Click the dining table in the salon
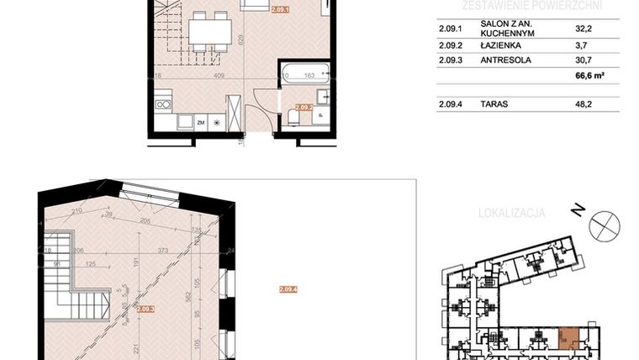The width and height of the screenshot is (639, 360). click(x=209, y=33)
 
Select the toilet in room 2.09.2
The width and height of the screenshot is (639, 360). click(x=293, y=116)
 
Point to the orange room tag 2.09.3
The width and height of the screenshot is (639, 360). click(x=145, y=309)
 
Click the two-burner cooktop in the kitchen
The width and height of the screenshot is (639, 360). click(x=163, y=104)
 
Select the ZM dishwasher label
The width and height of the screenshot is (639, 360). click(x=201, y=123)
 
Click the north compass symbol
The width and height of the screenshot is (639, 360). click(x=605, y=225)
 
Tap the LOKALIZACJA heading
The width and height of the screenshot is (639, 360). click(x=511, y=214)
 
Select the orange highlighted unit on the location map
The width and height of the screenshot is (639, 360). click(x=569, y=338)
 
